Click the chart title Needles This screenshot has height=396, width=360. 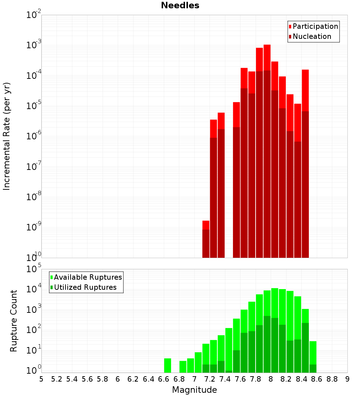click(x=180, y=5)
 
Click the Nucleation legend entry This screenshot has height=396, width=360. click(x=312, y=36)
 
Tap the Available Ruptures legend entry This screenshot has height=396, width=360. click(x=88, y=277)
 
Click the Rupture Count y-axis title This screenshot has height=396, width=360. click(x=14, y=321)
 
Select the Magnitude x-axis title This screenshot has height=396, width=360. click(x=194, y=390)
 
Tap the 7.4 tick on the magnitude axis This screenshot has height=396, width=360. click(x=225, y=379)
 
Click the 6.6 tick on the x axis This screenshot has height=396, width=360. click(x=164, y=379)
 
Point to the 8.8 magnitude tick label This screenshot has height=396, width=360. click(x=332, y=379)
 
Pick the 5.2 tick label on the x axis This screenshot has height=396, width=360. click(x=57, y=379)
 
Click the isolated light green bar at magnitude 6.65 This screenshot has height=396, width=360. click(x=167, y=365)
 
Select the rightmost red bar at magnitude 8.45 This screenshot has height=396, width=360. click(x=305, y=162)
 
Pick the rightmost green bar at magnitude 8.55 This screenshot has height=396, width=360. click(x=313, y=356)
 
